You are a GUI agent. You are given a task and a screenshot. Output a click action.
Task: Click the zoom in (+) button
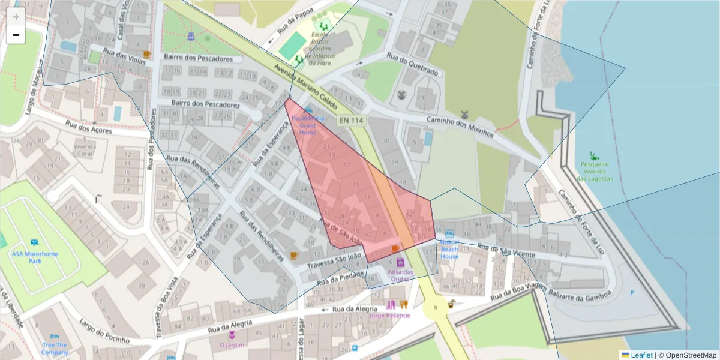tap(16, 17)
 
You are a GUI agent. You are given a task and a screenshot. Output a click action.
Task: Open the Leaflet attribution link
tap(641, 355)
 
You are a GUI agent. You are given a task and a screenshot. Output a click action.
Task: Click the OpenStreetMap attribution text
tap(691, 355)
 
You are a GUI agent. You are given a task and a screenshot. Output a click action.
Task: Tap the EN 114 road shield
tap(351, 121)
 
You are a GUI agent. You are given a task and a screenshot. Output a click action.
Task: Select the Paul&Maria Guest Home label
tap(308, 125)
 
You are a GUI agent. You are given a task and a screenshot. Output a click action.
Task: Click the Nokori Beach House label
tap(449, 249)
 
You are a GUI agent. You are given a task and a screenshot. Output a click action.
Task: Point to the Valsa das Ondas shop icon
tap(400, 262)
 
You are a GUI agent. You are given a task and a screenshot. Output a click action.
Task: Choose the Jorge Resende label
tap(390, 315)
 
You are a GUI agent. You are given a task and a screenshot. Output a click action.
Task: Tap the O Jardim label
tap(232, 345)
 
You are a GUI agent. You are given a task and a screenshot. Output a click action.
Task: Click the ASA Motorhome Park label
tap(35, 257)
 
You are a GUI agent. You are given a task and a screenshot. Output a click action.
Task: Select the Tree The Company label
tap(55, 349)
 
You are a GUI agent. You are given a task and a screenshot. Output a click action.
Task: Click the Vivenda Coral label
tap(85, 149)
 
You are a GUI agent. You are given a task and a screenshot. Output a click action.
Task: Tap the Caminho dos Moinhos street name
tap(460, 127)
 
